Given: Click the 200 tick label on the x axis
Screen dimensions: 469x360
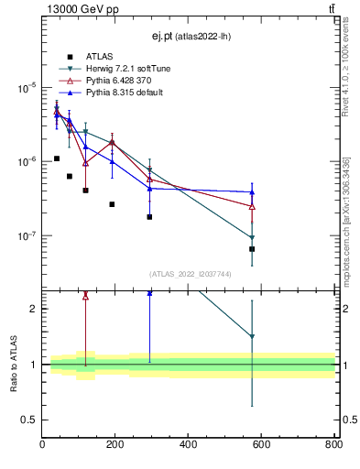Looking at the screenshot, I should pyautogui.click(x=115, y=446).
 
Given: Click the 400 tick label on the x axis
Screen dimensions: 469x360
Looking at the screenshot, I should pyautogui.click(x=188, y=446).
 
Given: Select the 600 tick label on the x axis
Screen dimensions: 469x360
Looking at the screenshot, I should pyautogui.click(x=261, y=446).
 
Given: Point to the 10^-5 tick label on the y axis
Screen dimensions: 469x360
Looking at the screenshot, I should pyautogui.click(x=25, y=88).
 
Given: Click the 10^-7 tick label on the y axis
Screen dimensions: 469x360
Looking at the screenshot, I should pyautogui.click(x=25, y=235).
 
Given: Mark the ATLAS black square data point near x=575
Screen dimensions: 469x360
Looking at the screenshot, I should pyautogui.click(x=252, y=249).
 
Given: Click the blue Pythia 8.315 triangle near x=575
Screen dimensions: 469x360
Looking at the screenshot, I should pyautogui.click(x=252, y=192).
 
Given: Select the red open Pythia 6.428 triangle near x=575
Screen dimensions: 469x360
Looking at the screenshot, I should pyautogui.click(x=252, y=206).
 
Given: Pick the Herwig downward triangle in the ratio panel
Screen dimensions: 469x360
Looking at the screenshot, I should pyautogui.click(x=252, y=337).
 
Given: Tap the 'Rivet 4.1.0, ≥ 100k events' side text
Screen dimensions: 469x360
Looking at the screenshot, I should pyautogui.click(x=346, y=64).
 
